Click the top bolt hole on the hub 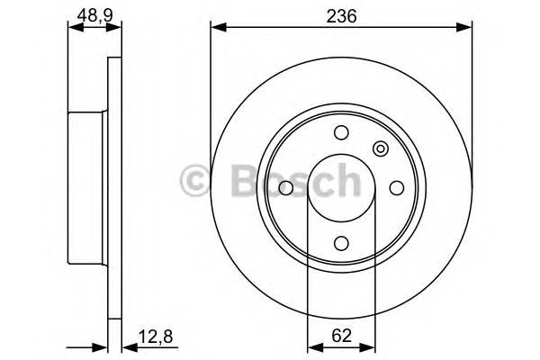click(x=340, y=133)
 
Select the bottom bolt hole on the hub click(x=340, y=242)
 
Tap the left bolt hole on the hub click(x=285, y=188)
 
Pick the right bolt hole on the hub click(x=395, y=188)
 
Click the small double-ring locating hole click(x=380, y=149)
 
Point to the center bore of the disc click(x=340, y=188)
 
